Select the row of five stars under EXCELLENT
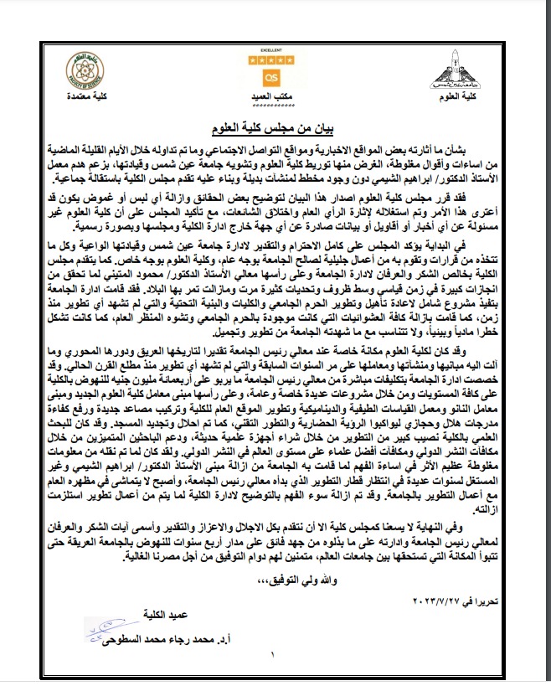tap(271, 61)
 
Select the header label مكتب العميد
tap(271, 98)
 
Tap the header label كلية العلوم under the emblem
tap(459, 98)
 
